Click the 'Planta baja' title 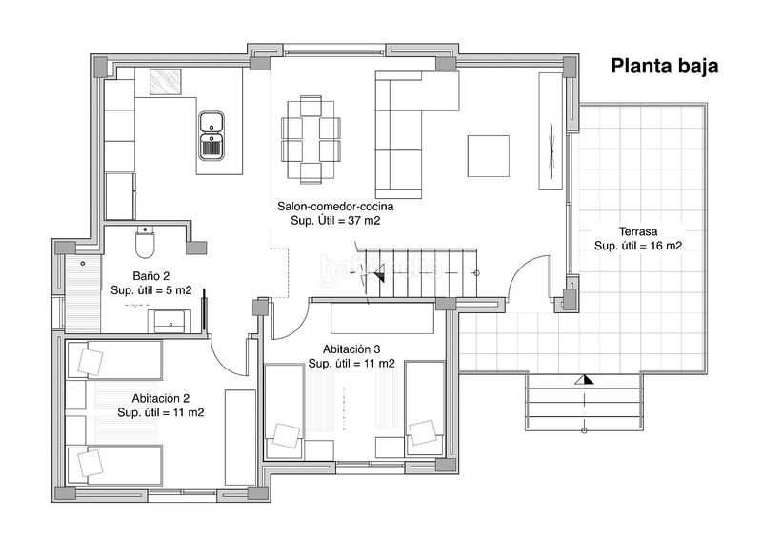(x=664, y=66)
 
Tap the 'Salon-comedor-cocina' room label (x=335, y=206)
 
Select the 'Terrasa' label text (x=638, y=231)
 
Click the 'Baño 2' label (x=151, y=276)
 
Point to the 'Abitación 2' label (x=160, y=399)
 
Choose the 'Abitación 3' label (x=351, y=349)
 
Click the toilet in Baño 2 (x=145, y=242)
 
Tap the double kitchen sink (x=211, y=135)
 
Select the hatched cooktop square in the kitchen (x=165, y=82)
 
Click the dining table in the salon (x=311, y=140)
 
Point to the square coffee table (x=489, y=156)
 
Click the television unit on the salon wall (x=551, y=131)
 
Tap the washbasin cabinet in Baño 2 (x=170, y=321)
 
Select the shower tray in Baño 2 (x=83, y=293)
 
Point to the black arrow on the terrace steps (x=584, y=380)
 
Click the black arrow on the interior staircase (x=377, y=272)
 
